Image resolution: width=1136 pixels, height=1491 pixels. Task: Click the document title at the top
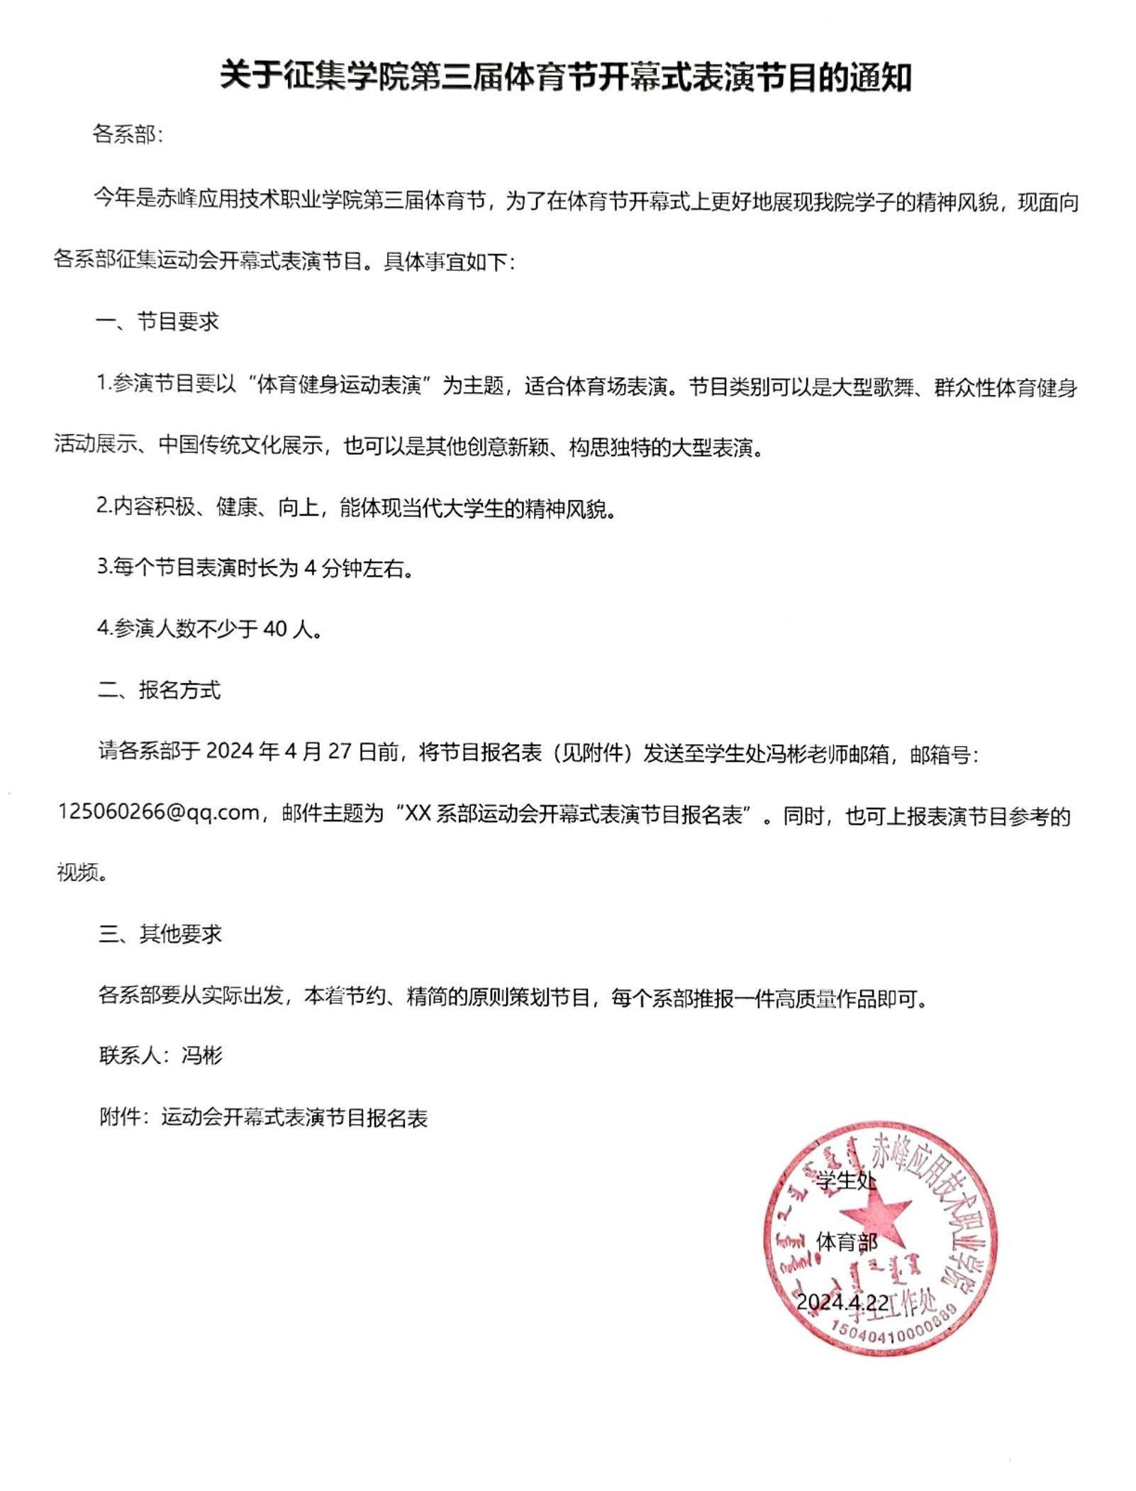(565, 77)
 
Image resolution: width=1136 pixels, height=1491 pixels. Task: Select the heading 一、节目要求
(157, 322)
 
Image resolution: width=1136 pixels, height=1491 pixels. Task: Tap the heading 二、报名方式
(159, 689)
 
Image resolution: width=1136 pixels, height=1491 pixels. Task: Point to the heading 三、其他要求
(160, 934)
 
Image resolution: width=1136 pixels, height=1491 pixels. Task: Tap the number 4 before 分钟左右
(309, 568)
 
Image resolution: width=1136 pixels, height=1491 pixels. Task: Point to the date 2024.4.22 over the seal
(842, 1302)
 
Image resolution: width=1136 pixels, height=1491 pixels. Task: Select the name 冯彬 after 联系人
(202, 1056)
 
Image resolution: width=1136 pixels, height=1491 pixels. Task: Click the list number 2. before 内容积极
(105, 507)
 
